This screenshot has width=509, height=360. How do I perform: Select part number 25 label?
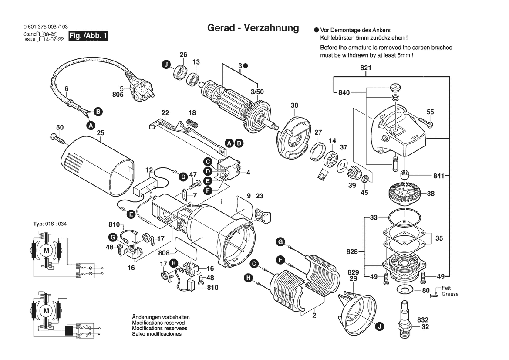point(101,132)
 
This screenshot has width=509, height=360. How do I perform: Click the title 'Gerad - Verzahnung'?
point(253,28)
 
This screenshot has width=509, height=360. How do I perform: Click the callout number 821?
point(365,68)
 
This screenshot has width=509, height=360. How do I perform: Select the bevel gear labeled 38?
point(405,192)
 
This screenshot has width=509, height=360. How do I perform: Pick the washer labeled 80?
point(405,290)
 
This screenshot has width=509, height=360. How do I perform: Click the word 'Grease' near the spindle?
point(450,294)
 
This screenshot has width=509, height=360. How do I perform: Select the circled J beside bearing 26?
point(165,65)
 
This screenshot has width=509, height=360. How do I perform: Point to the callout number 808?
point(164,253)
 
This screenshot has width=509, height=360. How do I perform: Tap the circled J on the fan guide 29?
point(379,325)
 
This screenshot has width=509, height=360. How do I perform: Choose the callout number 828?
point(352,251)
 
